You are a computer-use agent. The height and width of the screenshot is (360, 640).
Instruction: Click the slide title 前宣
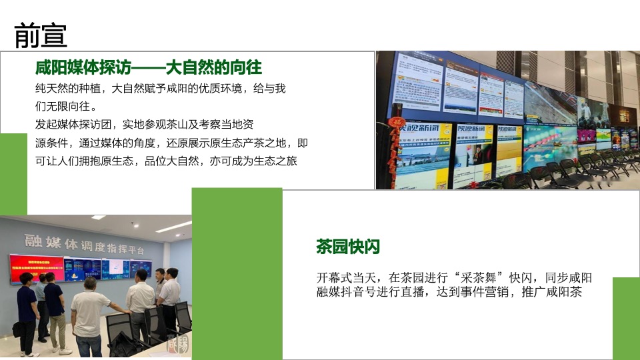point(41,35)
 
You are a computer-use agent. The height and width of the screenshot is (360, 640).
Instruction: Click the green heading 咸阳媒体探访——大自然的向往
point(148,67)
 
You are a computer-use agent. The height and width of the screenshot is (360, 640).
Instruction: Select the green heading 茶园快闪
point(348,247)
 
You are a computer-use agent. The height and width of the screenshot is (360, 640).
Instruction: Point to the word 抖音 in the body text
point(373,292)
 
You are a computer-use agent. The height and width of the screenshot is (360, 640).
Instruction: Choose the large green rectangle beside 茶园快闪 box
point(237,273)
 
